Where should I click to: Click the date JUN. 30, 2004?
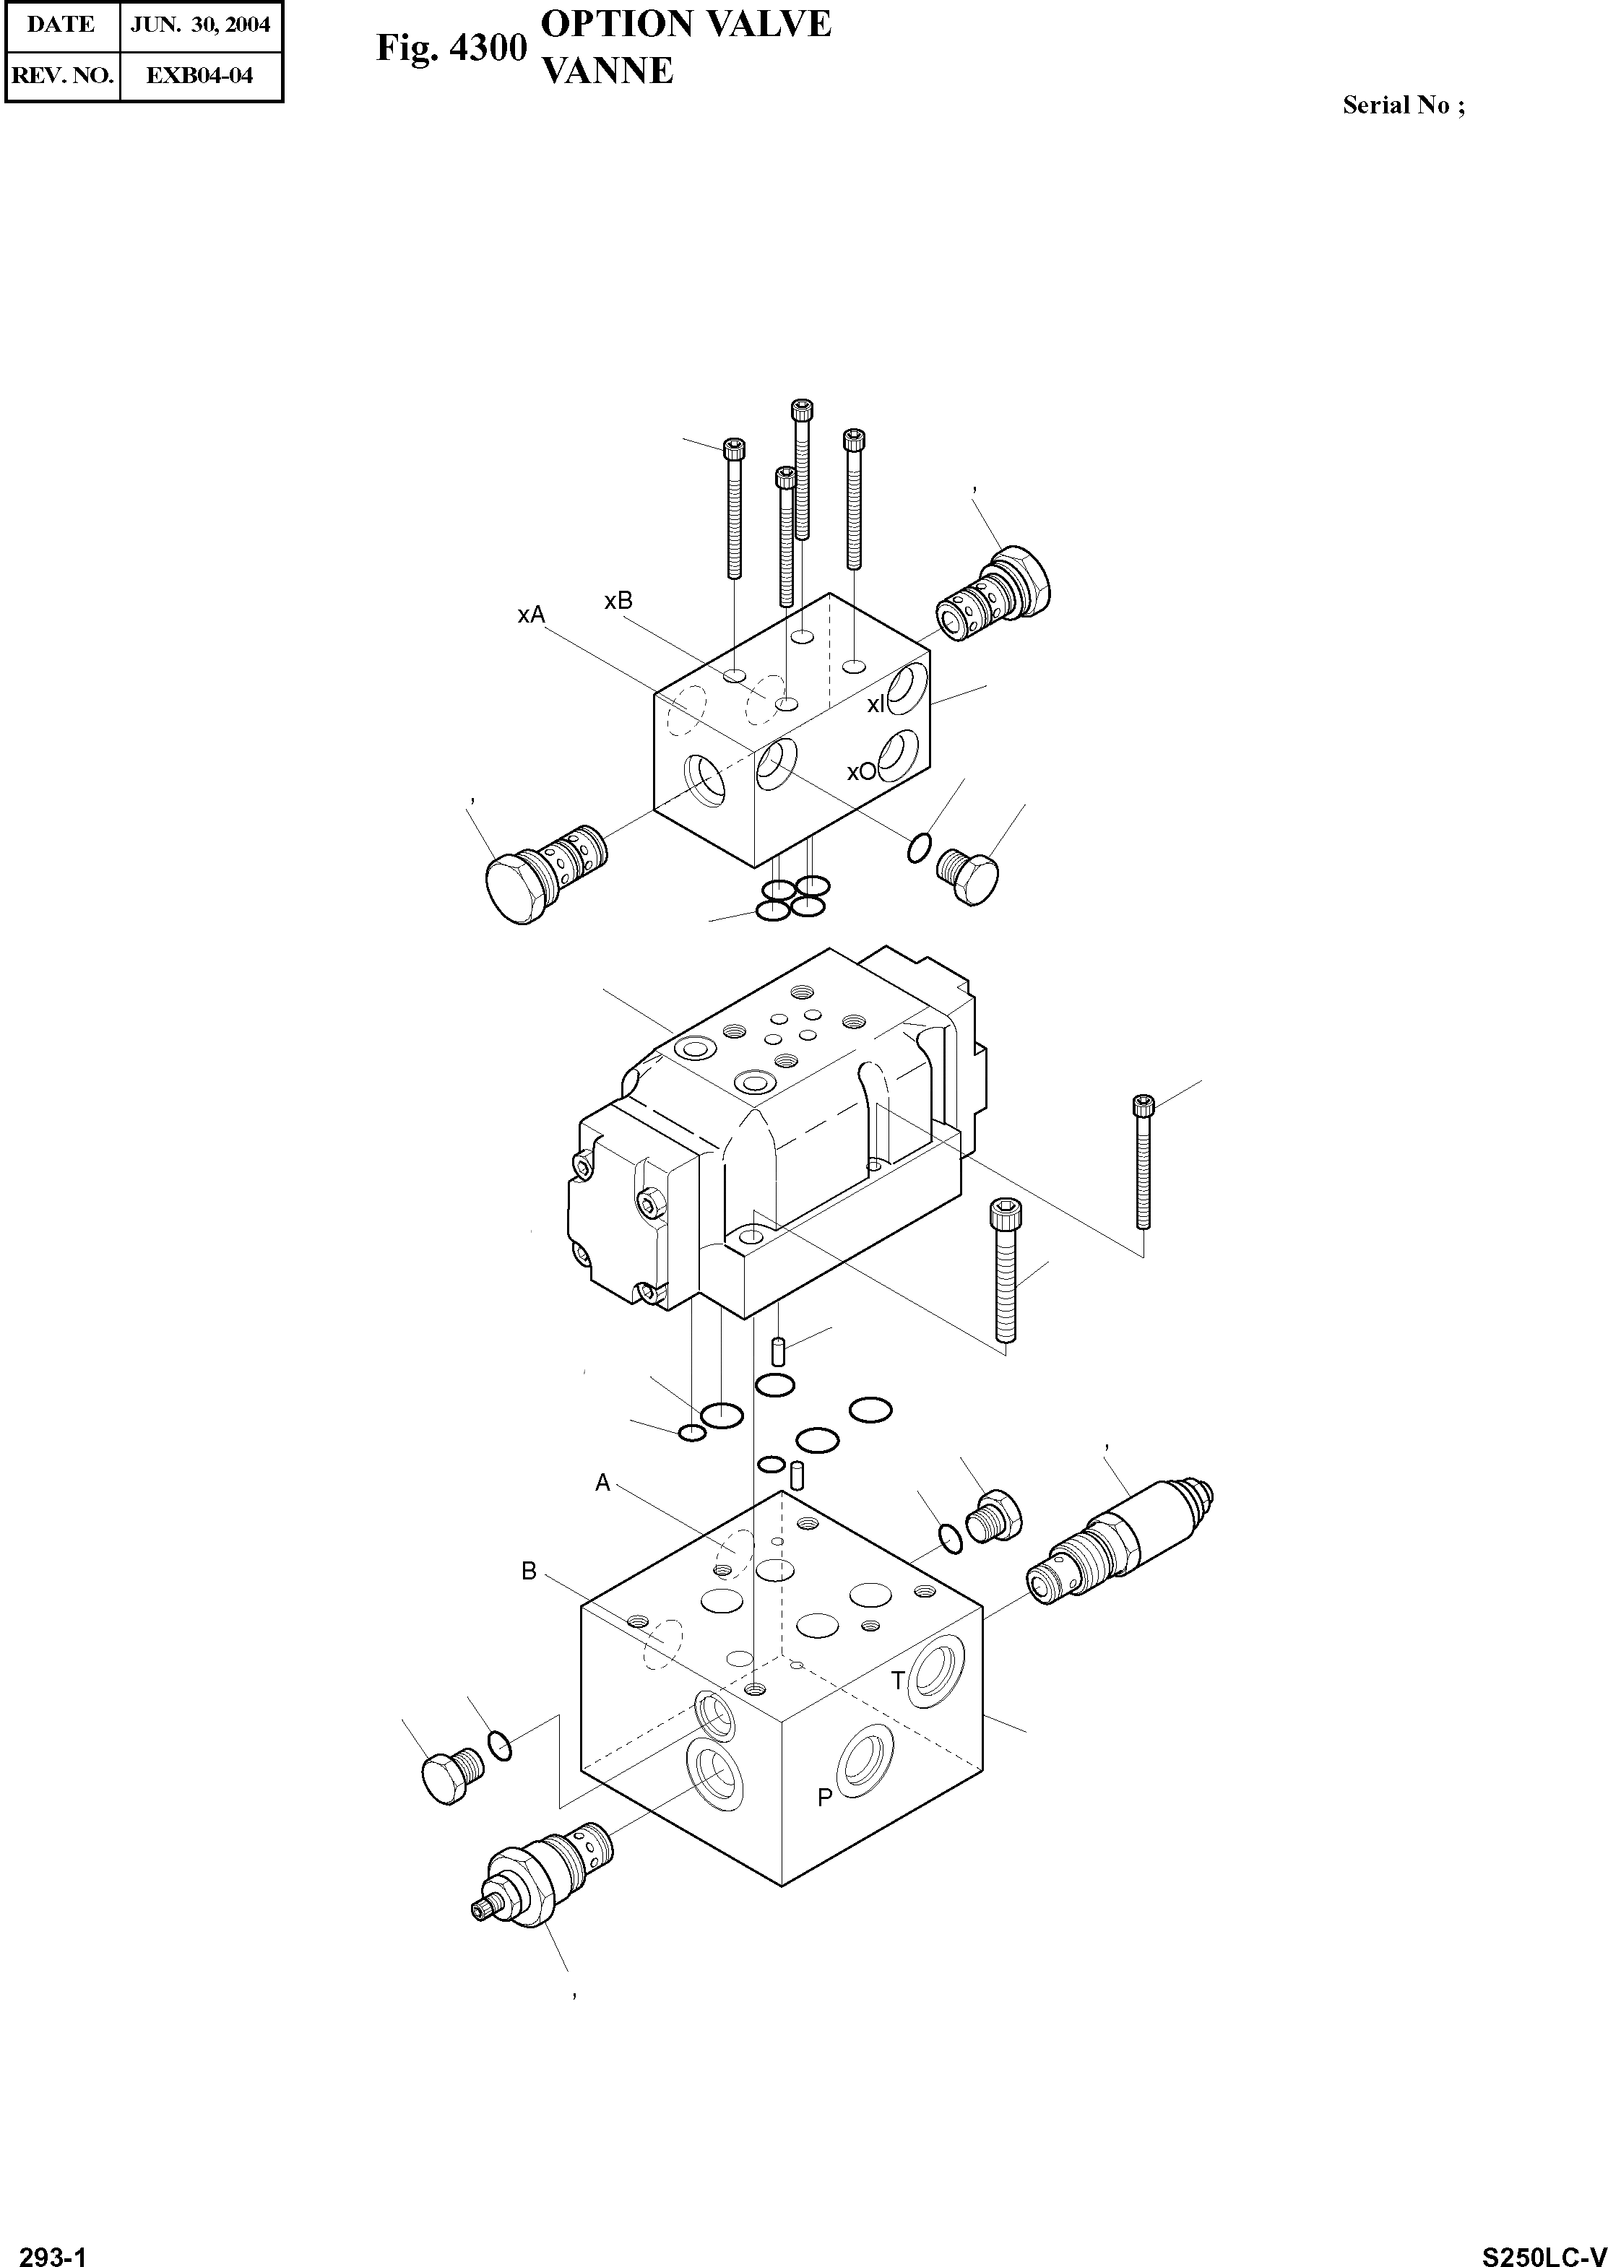coord(200,24)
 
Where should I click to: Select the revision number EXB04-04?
coord(200,75)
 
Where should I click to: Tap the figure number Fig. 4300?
coord(451,48)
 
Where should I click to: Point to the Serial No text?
coord(1403,105)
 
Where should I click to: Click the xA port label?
coord(531,615)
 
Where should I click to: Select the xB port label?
coord(618,601)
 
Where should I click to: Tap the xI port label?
coord(876,704)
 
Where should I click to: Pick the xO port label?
coord(861,771)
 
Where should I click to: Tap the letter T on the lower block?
coord(898,1680)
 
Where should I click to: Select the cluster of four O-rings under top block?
coord(791,897)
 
